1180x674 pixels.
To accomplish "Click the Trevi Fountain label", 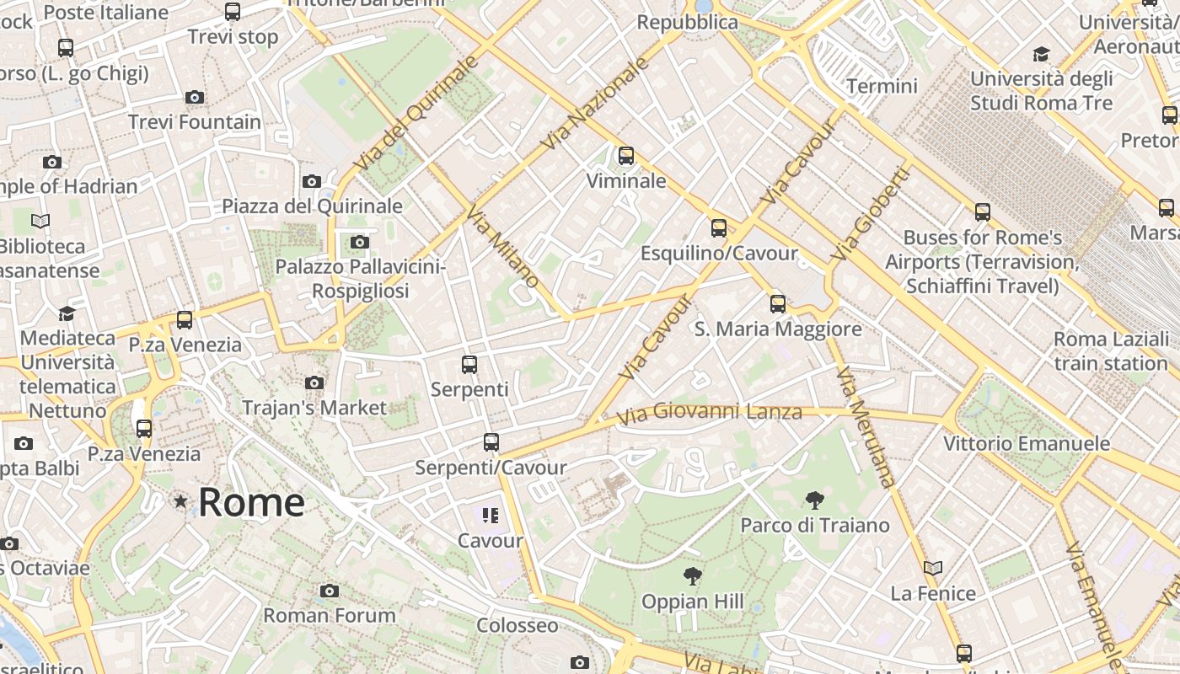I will [x=195, y=122].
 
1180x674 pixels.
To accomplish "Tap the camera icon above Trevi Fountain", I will [x=195, y=98].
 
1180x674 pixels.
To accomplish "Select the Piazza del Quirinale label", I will [x=312, y=206].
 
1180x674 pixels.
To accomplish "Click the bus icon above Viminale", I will [x=625, y=156].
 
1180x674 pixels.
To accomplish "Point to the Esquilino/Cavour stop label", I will [x=719, y=254].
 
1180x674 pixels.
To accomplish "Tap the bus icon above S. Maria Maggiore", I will [x=778, y=304].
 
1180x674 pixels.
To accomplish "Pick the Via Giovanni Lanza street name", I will [x=709, y=413].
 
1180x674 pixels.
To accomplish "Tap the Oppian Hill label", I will [x=693, y=602].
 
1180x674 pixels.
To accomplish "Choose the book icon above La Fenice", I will [x=933, y=569].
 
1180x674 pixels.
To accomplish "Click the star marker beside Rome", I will [x=180, y=502].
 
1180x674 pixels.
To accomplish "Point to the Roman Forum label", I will [x=330, y=615].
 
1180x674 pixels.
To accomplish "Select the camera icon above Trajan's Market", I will [x=314, y=383].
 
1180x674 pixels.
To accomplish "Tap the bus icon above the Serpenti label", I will [x=469, y=365].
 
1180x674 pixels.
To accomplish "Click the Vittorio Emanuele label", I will [x=1027, y=444].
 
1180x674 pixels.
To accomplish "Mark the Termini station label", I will [x=882, y=86].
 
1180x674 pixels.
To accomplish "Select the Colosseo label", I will [x=518, y=625].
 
